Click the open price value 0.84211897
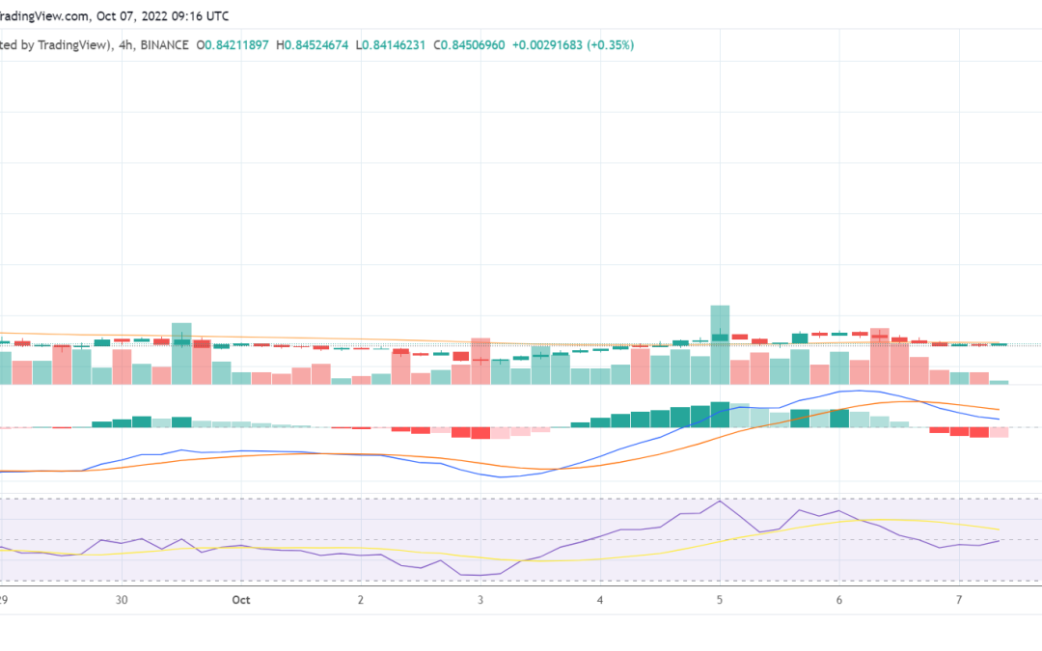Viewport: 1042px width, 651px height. [236, 45]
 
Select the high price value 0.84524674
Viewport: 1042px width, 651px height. [316, 45]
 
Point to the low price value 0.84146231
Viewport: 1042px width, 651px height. [394, 45]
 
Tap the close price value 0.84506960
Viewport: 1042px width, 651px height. [473, 45]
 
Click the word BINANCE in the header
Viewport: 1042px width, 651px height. [164, 45]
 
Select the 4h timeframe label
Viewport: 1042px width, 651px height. [125, 45]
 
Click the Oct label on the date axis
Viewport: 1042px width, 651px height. [240, 600]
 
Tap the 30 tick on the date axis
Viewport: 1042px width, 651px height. [122, 600]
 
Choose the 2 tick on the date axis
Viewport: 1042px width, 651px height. [361, 600]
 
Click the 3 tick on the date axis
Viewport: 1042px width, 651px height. [480, 600]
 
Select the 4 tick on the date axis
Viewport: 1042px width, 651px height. [600, 600]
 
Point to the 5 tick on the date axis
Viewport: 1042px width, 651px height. [720, 600]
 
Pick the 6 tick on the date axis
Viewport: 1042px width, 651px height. [839, 600]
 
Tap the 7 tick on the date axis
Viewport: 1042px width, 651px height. [959, 600]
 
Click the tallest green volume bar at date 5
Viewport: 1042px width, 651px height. [720, 344]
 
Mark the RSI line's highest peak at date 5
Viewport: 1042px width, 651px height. [720, 501]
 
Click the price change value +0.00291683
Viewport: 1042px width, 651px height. [547, 45]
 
